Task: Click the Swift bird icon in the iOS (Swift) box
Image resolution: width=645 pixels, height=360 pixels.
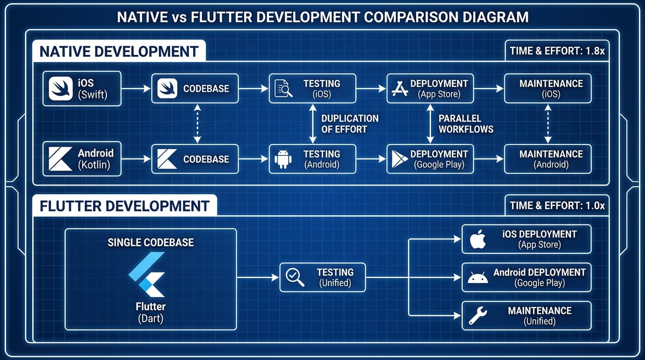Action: [60, 89]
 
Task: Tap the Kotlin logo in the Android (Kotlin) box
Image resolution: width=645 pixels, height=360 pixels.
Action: [60, 159]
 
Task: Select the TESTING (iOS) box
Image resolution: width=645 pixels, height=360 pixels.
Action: [312, 89]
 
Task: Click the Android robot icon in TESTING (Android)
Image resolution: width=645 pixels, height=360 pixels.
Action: [283, 159]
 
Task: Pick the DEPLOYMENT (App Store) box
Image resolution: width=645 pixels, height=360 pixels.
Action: [430, 89]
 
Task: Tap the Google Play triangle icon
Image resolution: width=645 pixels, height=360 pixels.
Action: [400, 159]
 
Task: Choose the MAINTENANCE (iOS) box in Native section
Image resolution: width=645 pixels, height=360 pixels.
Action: [547, 89]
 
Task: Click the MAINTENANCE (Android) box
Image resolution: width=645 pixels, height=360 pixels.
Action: [547, 159]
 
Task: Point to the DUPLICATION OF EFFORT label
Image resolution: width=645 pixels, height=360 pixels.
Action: [350, 124]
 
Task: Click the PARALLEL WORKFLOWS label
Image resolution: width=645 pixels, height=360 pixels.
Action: [466, 124]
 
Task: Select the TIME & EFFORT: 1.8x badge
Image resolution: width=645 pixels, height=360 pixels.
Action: [557, 51]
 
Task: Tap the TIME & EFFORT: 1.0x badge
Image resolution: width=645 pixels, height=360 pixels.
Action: [557, 206]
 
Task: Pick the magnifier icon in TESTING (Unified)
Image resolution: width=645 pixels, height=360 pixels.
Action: [295, 277]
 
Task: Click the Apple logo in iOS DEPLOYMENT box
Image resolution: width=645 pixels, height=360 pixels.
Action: [478, 239]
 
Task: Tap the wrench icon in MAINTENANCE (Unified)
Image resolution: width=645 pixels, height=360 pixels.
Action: [478, 315]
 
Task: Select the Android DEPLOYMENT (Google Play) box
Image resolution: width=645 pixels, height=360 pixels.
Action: [526, 277]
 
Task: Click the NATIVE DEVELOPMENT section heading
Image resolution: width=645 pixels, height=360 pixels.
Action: [119, 52]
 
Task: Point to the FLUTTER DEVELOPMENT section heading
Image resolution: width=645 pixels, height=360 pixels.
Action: [124, 206]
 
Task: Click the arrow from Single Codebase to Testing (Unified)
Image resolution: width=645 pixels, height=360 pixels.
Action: [258, 277]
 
